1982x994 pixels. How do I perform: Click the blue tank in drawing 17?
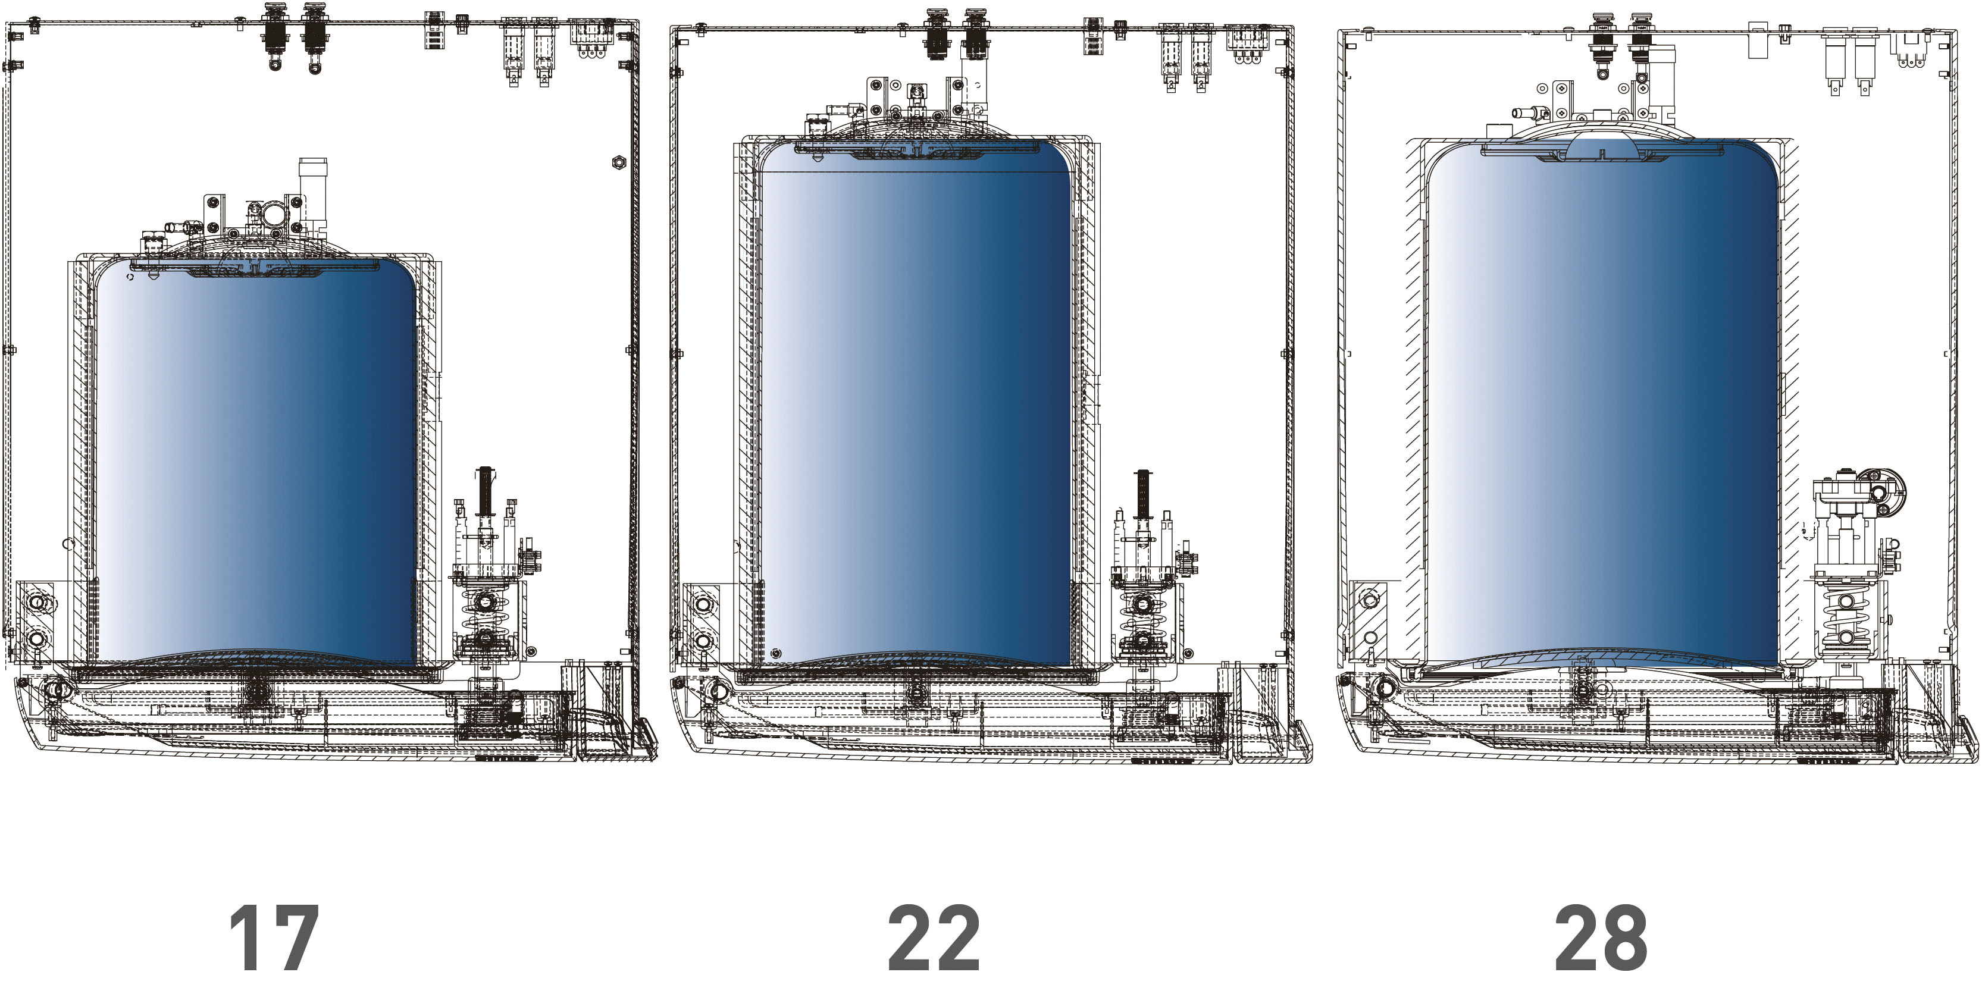pos(256,462)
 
